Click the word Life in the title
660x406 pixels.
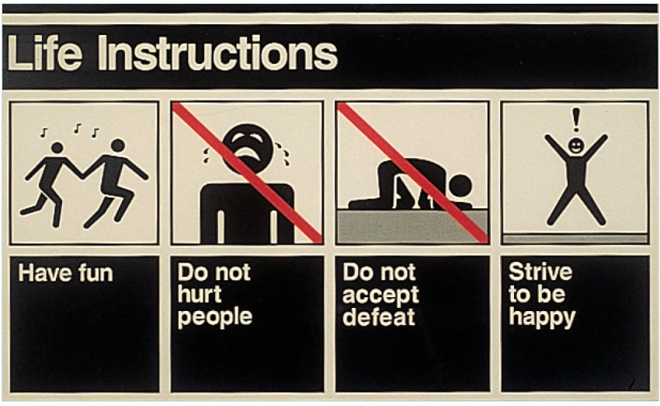coord(44,53)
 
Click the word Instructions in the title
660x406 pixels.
coord(217,53)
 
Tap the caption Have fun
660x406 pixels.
coord(66,273)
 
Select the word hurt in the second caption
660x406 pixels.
coord(199,294)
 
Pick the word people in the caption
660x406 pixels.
coord(214,317)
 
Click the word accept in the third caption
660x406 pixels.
coord(380,295)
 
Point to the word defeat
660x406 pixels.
coord(379,317)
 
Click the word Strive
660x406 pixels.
coord(540,272)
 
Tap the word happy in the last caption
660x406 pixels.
coord(542,317)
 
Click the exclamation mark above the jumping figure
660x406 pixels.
coord(576,120)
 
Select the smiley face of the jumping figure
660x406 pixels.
coord(576,146)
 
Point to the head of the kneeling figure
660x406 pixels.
coord(460,186)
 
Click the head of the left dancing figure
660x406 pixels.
coord(57,148)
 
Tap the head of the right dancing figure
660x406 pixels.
coord(118,145)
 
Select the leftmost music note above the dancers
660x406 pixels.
coord(43,133)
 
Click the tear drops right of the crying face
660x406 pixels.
coord(283,153)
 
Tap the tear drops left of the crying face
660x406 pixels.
coord(207,155)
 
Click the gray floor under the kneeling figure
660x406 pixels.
coord(412,226)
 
